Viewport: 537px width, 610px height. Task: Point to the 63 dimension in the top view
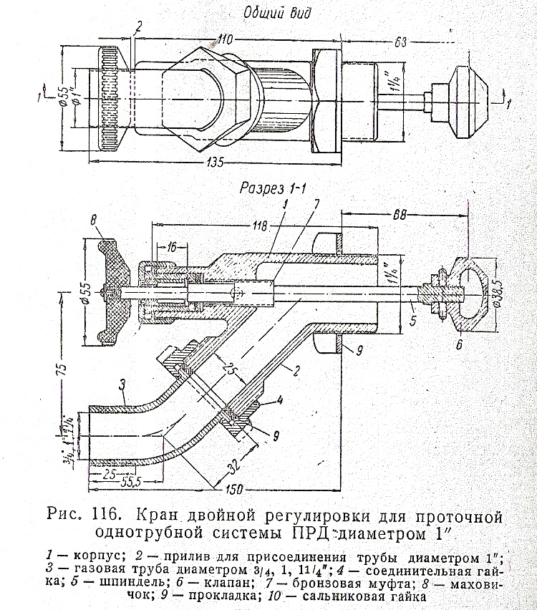[402, 42]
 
